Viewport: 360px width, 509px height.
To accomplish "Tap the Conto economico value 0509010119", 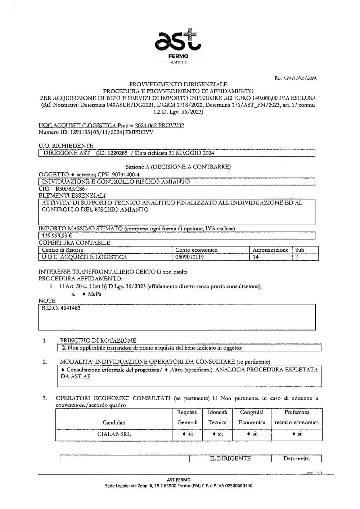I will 189,257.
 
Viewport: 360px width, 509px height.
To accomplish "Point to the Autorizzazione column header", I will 270,250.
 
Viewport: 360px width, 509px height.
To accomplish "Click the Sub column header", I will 300,250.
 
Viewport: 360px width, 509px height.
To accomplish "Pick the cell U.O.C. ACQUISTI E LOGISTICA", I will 84,257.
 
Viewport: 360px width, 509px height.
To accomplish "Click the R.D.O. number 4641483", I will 61,308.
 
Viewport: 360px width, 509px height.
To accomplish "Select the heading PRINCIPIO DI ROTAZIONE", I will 98,341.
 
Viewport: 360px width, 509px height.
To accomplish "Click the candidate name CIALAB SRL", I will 114,434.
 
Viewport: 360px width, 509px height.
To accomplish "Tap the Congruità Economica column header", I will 252,417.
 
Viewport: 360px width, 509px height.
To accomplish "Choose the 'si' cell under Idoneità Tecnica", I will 217,434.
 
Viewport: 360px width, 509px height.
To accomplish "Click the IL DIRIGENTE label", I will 230,459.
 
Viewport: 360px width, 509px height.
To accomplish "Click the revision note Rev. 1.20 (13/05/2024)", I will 295,78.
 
